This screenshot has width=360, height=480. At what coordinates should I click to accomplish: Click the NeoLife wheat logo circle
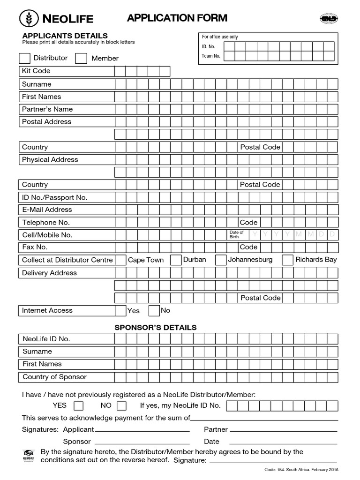point(30,18)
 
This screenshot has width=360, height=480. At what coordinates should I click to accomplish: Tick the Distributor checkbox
point(24,59)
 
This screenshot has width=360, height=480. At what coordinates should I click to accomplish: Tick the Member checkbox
point(81,59)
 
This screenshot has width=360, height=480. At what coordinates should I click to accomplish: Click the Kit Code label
point(36,71)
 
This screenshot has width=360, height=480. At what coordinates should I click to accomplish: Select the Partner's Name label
point(47,109)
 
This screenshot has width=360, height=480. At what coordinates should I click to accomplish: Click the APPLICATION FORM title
point(177,18)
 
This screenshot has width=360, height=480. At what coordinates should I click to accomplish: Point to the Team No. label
point(211,56)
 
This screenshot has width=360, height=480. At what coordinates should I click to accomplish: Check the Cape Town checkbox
point(120,260)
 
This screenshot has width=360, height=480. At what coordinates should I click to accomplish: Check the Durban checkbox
point(176,260)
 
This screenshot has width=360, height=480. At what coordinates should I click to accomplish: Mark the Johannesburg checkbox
point(220,260)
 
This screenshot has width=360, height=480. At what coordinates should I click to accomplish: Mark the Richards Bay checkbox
point(287,260)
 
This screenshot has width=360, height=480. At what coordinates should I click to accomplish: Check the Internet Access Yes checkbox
point(120,310)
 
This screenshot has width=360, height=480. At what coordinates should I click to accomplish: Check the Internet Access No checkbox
point(154,310)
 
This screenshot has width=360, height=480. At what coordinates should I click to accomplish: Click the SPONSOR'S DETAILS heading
point(156,327)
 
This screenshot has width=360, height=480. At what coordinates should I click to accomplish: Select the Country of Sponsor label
point(54,377)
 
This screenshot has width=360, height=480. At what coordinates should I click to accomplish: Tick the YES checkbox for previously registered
point(79,405)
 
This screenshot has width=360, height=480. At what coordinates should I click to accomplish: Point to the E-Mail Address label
point(47,210)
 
